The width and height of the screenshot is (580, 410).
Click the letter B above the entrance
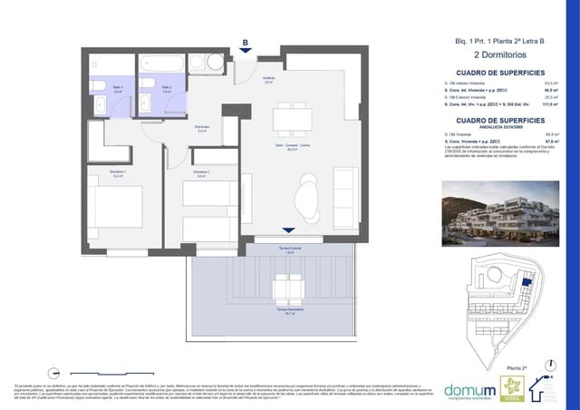point(245,41)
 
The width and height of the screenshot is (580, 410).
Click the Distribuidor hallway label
point(203,128)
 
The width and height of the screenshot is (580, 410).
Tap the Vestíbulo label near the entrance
point(268,82)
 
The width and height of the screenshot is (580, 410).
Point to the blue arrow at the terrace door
point(287,232)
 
